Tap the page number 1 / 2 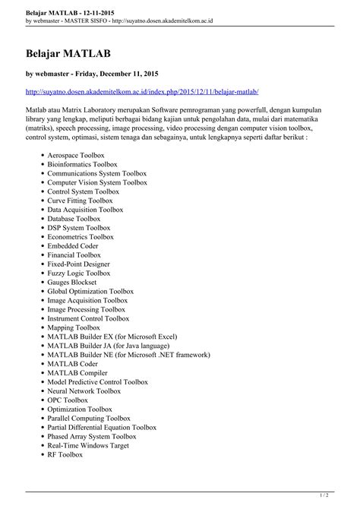343,494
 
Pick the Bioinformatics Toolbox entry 82,164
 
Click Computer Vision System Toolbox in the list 97,182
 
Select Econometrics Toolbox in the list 81,237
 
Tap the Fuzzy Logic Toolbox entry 78,273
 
